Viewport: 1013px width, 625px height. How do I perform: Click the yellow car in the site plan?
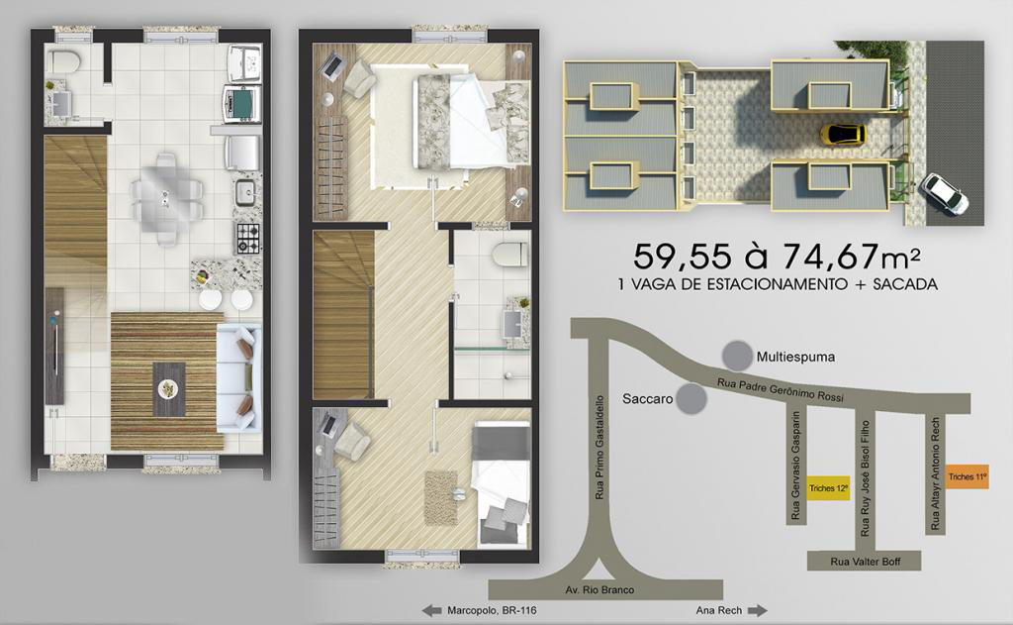tap(843, 135)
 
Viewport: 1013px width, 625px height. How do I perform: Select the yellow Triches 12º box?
tap(829, 488)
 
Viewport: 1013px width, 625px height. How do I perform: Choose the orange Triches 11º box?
tap(967, 476)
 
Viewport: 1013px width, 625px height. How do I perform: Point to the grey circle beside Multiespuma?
tap(737, 356)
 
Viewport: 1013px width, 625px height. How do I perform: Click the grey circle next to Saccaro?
tap(691, 398)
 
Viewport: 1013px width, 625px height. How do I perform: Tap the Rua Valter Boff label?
tap(865, 562)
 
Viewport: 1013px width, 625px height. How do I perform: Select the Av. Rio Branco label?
tap(599, 590)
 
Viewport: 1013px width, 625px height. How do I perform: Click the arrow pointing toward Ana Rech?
tap(757, 610)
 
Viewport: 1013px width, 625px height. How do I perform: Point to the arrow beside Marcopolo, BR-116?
tap(431, 610)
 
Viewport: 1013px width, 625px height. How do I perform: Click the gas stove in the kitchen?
tap(247, 238)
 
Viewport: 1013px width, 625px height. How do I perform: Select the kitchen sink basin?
tap(245, 191)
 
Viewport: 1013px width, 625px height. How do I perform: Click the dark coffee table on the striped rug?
tap(168, 389)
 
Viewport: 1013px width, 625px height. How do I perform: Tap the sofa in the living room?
tap(238, 378)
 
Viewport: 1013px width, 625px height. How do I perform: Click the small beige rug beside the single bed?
tap(441, 497)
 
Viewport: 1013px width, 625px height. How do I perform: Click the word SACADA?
tap(905, 284)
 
